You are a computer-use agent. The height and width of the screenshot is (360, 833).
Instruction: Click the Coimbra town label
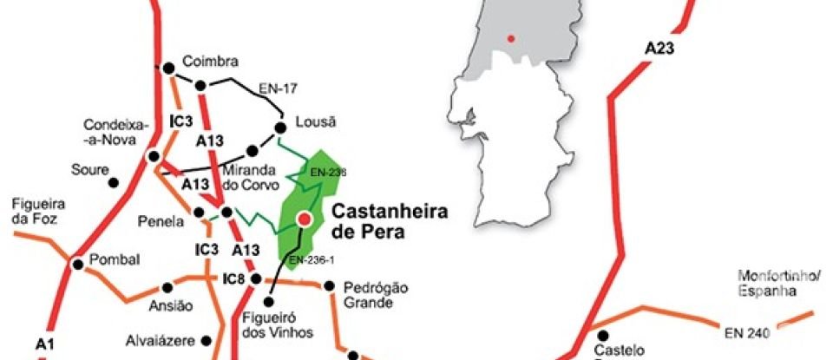point(210,62)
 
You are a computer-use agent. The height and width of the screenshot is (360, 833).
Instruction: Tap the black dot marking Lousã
point(280,128)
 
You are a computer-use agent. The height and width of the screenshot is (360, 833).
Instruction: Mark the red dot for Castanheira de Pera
point(305,220)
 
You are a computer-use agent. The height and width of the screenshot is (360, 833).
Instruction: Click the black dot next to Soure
point(113,183)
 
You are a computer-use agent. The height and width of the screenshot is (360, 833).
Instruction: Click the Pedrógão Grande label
point(375,296)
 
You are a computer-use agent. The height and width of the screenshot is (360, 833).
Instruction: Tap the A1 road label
point(46,345)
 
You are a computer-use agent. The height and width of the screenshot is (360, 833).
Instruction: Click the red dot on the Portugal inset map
point(512,37)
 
